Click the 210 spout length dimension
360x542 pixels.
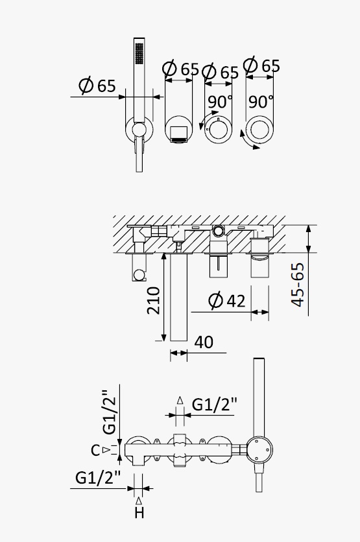coord(154,300)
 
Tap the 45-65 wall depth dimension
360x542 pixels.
coord(298,285)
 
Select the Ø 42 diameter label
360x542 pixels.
coord(227,300)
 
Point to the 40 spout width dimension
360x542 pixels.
coord(204,342)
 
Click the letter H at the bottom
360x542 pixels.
coord(139,513)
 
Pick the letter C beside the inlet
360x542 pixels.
coord(95,450)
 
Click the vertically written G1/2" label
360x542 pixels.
coord(109,412)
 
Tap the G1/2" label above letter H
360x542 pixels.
coord(98,478)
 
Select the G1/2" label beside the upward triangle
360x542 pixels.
coord(215,404)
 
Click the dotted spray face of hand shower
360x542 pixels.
coord(139,54)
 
